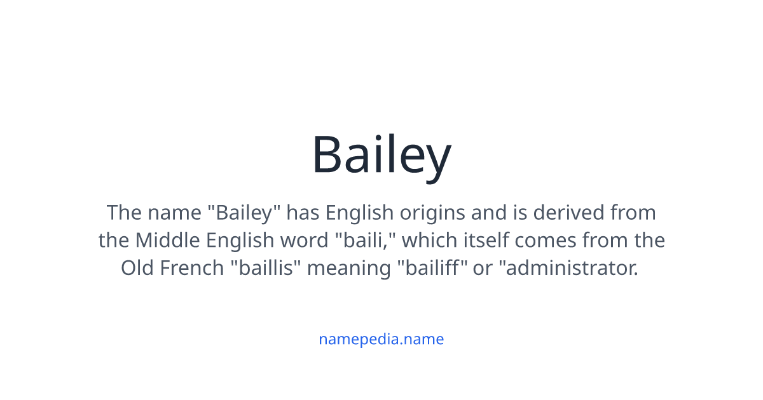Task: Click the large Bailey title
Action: pyautogui.click(x=381, y=156)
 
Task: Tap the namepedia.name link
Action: pyautogui.click(x=381, y=339)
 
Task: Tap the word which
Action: pyautogui.click(x=428, y=241)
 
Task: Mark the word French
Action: pyautogui.click(x=191, y=268)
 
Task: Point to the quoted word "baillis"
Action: pyautogui.click(x=266, y=268)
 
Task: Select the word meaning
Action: pyautogui.click(x=351, y=268)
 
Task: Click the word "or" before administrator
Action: pyautogui.click(x=483, y=268)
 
